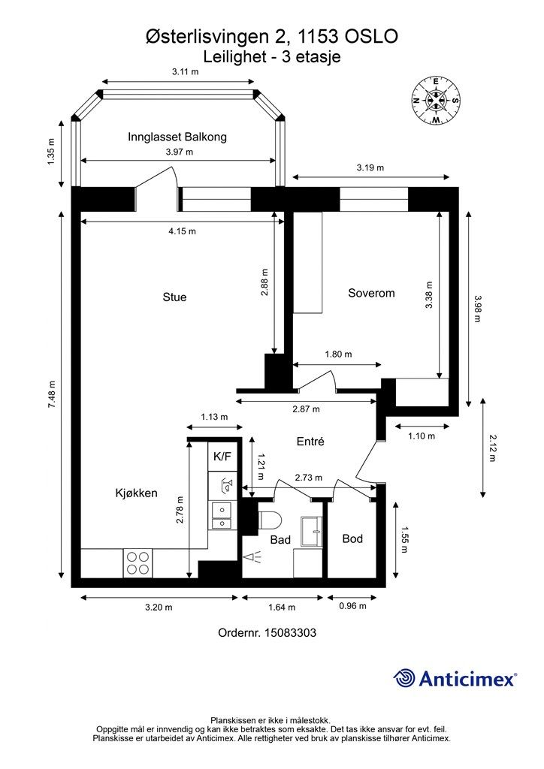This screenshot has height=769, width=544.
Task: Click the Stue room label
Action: (174, 297)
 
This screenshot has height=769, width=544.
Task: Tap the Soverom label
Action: (371, 294)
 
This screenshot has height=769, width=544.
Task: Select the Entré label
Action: (310, 442)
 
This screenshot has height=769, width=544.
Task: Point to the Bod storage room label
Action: (352, 538)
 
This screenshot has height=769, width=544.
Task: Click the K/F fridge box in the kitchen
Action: (222, 457)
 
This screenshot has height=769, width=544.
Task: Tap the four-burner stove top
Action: (138, 563)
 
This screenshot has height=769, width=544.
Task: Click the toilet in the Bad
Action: (269, 520)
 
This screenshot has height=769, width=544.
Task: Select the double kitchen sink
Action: (221, 516)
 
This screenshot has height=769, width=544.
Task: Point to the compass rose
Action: (436, 101)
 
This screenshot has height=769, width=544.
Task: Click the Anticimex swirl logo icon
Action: (403, 678)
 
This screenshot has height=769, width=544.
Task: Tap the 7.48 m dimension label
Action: (52, 395)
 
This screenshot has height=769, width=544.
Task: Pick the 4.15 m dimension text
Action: (183, 231)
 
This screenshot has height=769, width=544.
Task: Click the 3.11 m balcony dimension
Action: (186, 71)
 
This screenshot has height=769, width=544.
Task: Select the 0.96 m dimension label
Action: (352, 606)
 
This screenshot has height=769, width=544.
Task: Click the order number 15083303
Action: (290, 632)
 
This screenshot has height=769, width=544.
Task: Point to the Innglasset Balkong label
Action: (177, 137)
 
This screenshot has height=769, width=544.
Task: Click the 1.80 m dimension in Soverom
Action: (338, 354)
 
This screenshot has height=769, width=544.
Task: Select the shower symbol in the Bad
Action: (252, 556)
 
